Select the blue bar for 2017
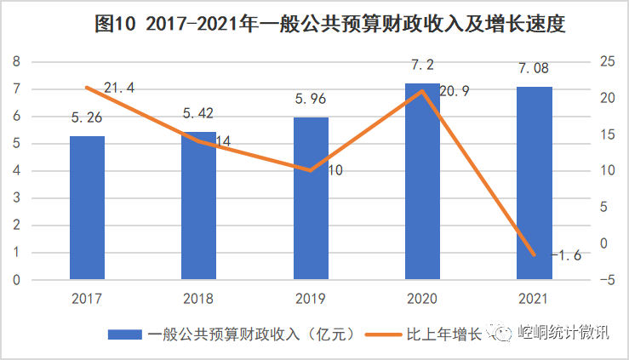(x=87, y=208)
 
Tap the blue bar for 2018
(x=199, y=205)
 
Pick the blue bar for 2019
(x=311, y=198)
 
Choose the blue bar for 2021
(x=534, y=183)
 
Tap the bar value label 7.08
(x=534, y=66)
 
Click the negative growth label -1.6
(x=565, y=254)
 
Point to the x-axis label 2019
(x=311, y=299)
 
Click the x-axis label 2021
(x=534, y=299)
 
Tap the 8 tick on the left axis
(x=15, y=62)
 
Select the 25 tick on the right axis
(x=604, y=62)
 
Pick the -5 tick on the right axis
(x=604, y=280)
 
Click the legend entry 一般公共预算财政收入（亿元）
(x=230, y=334)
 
